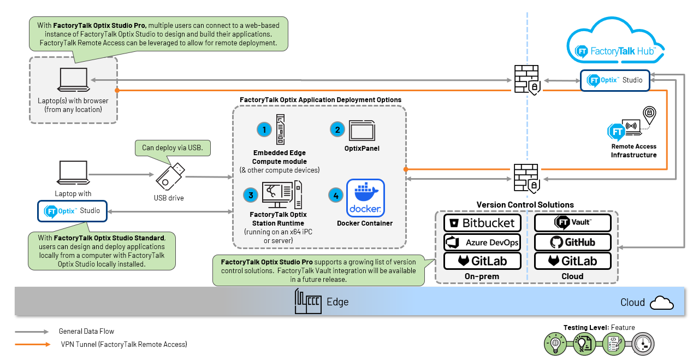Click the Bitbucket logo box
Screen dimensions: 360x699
(x=482, y=223)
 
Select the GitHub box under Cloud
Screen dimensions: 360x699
(x=573, y=242)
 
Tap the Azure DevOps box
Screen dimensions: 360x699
(x=482, y=242)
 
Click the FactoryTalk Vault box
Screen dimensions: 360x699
(x=573, y=223)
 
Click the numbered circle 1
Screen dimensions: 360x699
(x=264, y=129)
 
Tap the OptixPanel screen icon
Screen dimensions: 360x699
(x=362, y=132)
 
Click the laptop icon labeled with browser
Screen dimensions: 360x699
(x=73, y=80)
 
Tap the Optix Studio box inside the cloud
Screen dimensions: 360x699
(x=614, y=80)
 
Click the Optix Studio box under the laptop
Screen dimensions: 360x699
(x=72, y=211)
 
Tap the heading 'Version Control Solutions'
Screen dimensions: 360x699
(x=525, y=205)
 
